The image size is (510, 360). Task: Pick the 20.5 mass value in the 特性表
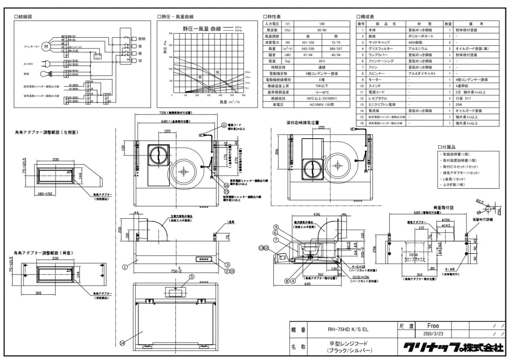tap(322, 61)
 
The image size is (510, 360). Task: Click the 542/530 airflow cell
tap(308, 48)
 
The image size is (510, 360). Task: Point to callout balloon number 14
tap(122, 343)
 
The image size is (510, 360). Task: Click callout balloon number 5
tap(191, 276)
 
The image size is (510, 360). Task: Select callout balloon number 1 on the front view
tap(124, 266)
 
